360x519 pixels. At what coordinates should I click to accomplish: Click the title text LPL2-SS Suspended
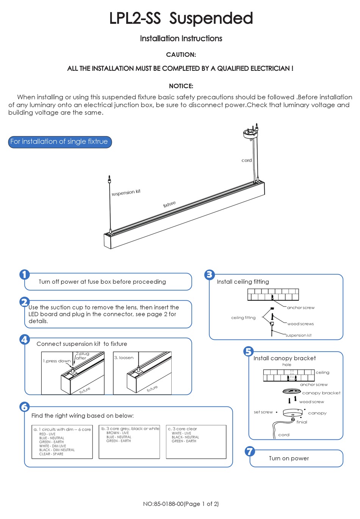(x=181, y=18)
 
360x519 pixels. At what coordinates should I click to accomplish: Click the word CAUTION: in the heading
(x=181, y=55)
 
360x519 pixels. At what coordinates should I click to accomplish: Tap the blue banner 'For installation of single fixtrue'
(x=59, y=142)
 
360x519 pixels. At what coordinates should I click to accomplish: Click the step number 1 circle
(x=25, y=275)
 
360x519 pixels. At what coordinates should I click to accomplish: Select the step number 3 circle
(x=210, y=275)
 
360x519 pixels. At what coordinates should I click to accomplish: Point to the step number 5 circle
(x=248, y=352)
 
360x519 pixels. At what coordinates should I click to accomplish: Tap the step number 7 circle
(x=249, y=451)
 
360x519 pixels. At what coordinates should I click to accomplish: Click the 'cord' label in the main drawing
(x=246, y=160)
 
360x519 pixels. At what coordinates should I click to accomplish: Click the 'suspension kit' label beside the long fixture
(x=126, y=192)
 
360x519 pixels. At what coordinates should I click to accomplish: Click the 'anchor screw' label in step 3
(x=301, y=308)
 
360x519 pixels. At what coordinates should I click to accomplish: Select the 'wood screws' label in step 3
(x=301, y=324)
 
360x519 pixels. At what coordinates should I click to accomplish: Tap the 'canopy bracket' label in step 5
(x=321, y=393)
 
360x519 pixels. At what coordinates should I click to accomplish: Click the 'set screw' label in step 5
(x=263, y=412)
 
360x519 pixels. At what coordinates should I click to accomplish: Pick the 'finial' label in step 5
(x=302, y=422)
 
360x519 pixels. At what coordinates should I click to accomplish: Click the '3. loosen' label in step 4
(x=124, y=358)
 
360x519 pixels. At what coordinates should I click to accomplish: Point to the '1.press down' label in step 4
(x=56, y=361)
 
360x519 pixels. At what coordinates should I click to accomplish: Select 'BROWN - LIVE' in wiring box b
(x=117, y=433)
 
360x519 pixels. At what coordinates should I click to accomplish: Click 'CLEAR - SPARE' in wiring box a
(x=51, y=454)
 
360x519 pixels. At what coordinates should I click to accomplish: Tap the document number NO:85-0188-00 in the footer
(x=163, y=504)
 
